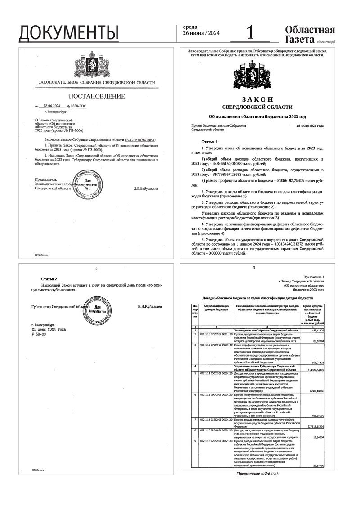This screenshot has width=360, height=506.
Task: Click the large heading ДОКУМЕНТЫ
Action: (69, 32)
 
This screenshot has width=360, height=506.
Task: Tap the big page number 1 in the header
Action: (250, 32)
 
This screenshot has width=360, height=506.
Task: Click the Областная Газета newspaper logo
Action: (310, 34)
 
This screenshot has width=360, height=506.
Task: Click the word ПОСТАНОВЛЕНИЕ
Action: (96, 97)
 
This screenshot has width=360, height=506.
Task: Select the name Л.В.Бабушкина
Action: (146, 188)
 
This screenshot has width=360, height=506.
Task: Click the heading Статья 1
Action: (208, 141)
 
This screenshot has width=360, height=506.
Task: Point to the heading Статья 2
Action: (49, 279)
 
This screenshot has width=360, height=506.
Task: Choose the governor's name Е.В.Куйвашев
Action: (150, 306)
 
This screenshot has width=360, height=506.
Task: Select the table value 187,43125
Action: (315, 330)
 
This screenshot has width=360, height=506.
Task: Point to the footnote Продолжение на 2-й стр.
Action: (257, 474)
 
